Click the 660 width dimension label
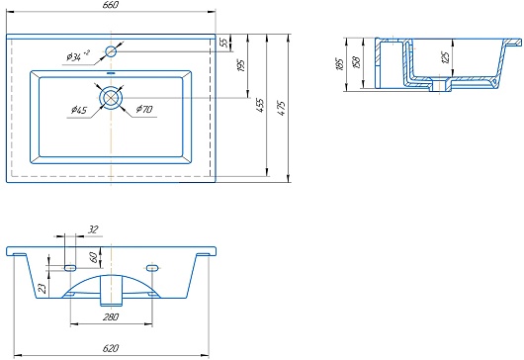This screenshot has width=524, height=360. (111, 5)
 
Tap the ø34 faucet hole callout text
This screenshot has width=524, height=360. (78, 55)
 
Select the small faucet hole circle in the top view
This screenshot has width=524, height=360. (111, 51)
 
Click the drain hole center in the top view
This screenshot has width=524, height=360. (111, 98)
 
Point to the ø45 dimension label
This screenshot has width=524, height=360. (79, 110)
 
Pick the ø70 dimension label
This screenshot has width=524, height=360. (144, 109)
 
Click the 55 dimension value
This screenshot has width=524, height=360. (224, 43)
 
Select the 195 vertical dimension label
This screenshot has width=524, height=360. (241, 65)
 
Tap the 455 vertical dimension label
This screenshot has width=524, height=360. (260, 105)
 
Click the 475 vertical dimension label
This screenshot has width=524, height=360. (282, 108)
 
